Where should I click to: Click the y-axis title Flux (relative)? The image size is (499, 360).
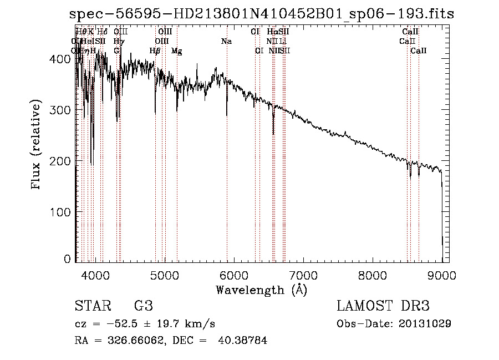click(x=37, y=145)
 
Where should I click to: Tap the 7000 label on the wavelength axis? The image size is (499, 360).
click(x=303, y=275)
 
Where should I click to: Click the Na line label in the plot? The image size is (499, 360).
click(x=226, y=42)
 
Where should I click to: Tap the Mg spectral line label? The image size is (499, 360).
click(x=177, y=51)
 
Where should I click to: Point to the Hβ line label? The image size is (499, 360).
click(x=155, y=51)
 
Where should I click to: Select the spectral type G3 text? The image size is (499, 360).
click(x=143, y=306)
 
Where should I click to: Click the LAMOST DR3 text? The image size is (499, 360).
click(x=383, y=306)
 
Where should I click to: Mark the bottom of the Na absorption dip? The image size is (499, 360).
click(x=227, y=115)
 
